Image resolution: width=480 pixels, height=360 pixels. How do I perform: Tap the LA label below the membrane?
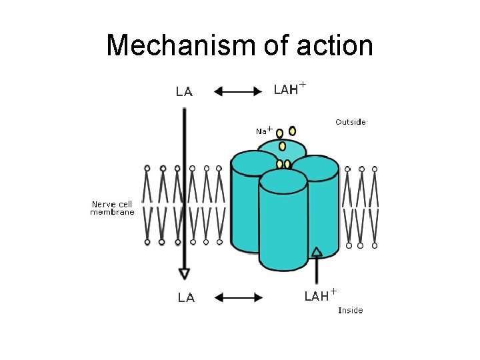[x=186, y=298]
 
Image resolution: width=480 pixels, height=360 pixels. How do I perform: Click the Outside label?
[x=350, y=122]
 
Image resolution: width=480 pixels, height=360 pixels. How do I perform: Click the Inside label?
[x=350, y=310]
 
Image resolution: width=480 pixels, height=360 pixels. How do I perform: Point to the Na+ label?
[x=265, y=131]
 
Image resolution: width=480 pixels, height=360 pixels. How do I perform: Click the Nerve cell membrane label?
[x=113, y=208]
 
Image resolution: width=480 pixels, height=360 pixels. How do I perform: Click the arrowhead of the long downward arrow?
[x=184, y=273]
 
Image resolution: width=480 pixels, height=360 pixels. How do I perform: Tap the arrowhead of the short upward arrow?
[x=317, y=251]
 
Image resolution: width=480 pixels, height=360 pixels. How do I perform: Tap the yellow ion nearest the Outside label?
[x=293, y=131]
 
